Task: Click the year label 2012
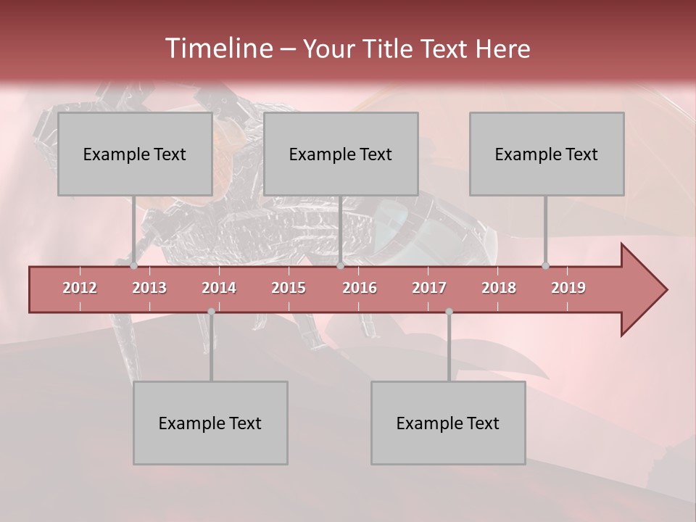[x=80, y=288]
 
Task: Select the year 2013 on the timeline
[x=149, y=288]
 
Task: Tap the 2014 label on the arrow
[x=219, y=288]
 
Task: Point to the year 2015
[x=289, y=288]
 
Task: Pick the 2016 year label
[x=360, y=288]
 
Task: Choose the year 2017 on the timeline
[x=429, y=288]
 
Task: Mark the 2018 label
[x=499, y=288]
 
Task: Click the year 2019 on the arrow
[x=568, y=288]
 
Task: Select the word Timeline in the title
[x=217, y=49]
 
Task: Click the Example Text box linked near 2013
[x=135, y=154]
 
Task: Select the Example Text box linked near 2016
[x=341, y=154]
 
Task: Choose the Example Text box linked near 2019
[x=547, y=154]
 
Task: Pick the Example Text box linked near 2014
[x=210, y=423]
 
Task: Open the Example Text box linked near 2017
[x=448, y=423]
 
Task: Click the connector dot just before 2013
[x=133, y=266]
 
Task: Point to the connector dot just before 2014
[x=211, y=312]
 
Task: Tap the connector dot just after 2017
[x=449, y=312]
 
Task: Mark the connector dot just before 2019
[x=545, y=266]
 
